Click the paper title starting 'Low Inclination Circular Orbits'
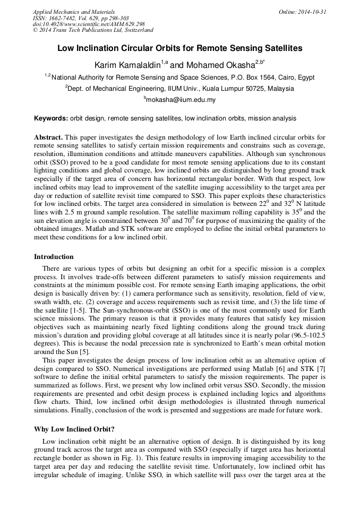coord(180,48)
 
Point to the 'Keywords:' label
coord(51,118)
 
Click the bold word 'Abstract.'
coord(48,137)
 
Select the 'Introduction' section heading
coord(54,257)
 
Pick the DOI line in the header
coord(89,24)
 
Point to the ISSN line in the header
coord(81,18)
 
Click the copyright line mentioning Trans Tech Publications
coord(93,30)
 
